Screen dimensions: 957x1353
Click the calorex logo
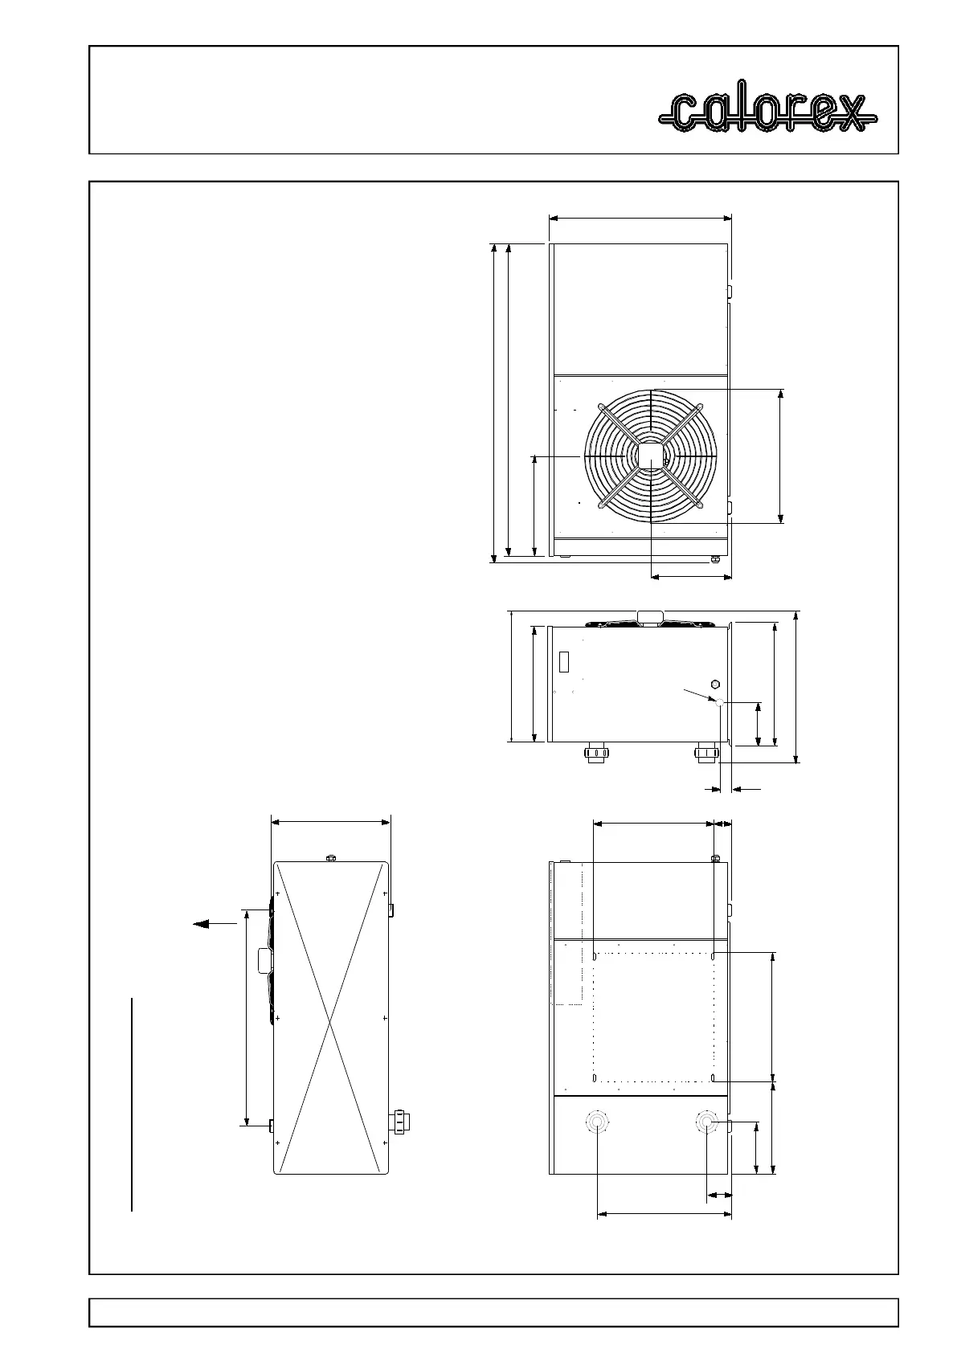[x=767, y=113]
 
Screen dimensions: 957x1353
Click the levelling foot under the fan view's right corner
[x=716, y=559]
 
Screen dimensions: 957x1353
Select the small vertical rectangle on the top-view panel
[x=564, y=661]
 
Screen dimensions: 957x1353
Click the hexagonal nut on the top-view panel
[x=715, y=684]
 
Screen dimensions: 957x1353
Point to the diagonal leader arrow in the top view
[x=700, y=695]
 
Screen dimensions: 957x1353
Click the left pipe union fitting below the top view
[x=595, y=753]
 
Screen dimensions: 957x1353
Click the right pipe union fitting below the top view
[x=706, y=753]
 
